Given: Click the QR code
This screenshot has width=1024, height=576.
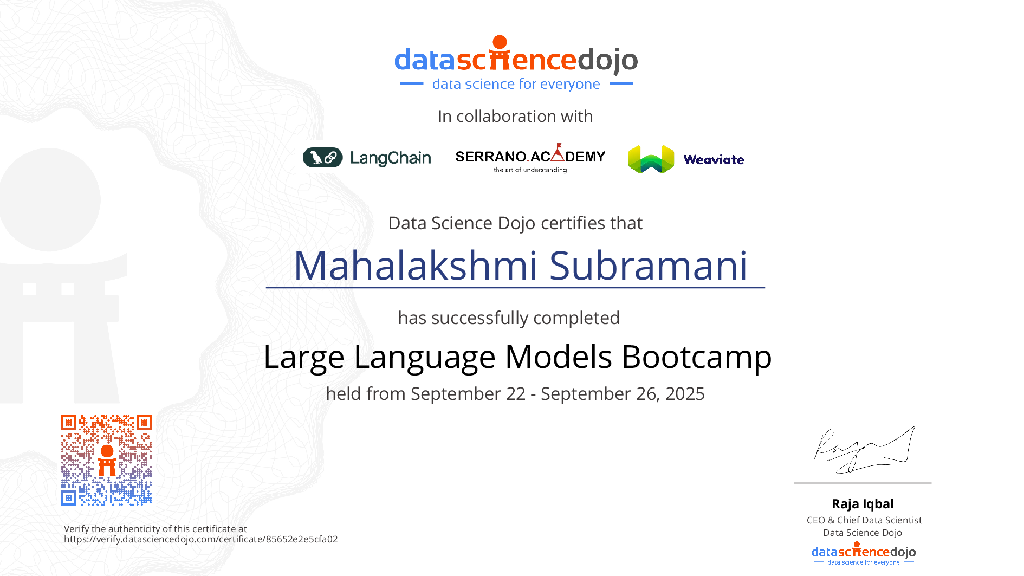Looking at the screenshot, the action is (106, 460).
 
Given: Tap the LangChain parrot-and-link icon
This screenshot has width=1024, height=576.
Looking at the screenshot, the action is (323, 158).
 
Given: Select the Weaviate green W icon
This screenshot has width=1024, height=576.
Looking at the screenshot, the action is (651, 159).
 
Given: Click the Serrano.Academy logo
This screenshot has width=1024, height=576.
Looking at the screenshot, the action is (530, 158).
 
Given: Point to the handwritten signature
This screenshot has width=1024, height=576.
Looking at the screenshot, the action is (864, 449).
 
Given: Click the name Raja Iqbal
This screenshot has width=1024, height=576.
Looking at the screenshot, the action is (863, 504).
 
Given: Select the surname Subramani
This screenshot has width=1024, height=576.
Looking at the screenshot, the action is (649, 266).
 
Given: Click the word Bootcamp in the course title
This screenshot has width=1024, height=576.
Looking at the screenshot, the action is (697, 358).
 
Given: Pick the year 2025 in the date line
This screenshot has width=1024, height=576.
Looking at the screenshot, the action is (685, 394).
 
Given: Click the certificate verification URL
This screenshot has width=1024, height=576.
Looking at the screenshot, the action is (201, 540).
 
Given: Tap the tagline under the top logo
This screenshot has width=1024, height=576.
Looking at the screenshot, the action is (516, 85).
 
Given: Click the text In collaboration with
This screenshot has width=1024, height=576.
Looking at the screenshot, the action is (515, 117).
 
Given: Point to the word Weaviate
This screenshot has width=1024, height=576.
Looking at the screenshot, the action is (714, 160).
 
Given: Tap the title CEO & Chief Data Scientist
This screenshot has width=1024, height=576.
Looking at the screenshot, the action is (864, 520).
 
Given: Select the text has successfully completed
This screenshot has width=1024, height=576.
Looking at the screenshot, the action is (509, 318).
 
